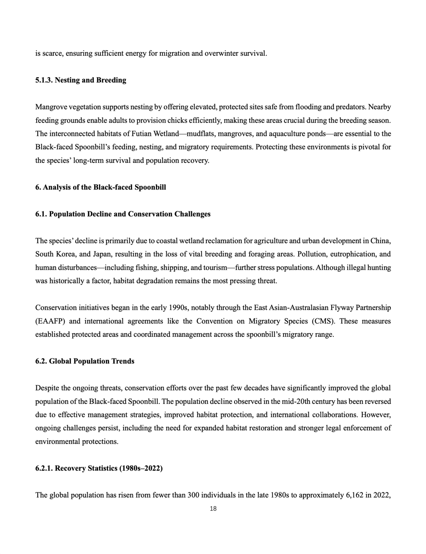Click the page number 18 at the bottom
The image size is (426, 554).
tap(213, 509)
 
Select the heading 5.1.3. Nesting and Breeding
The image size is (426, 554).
tap(81, 80)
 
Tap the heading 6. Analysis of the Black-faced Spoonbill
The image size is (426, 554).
tap(100, 187)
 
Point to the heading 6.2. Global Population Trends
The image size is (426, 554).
tap(84, 361)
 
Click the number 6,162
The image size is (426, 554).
tap(356, 495)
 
